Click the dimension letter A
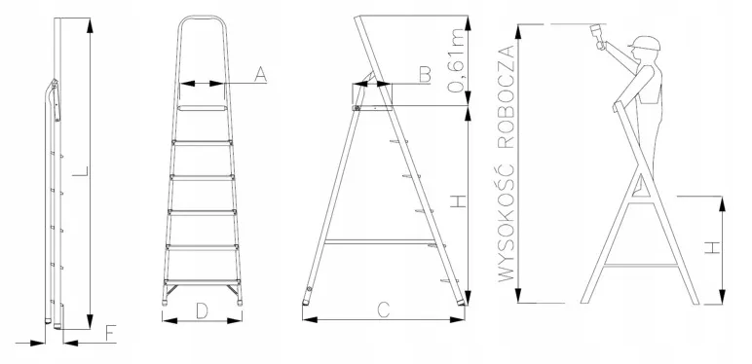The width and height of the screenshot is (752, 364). (x=260, y=75)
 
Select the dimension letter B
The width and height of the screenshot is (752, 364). (x=425, y=75)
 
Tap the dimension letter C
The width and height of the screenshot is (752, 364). (x=384, y=310)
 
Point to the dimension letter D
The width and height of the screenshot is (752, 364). (x=202, y=310)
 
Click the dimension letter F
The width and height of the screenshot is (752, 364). (x=111, y=334)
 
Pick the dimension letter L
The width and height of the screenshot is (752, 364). (x=81, y=171)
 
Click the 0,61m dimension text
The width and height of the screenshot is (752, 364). (x=456, y=60)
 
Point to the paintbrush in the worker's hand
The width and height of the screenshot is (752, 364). (x=597, y=36)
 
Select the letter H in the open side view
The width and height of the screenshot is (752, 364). (x=459, y=200)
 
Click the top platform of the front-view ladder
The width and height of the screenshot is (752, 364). (x=202, y=108)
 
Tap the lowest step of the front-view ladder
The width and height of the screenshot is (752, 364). (x=202, y=282)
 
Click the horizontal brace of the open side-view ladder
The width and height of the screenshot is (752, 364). (x=380, y=242)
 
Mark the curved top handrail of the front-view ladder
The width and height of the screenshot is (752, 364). (x=202, y=18)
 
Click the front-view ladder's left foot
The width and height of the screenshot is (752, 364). (x=165, y=303)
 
